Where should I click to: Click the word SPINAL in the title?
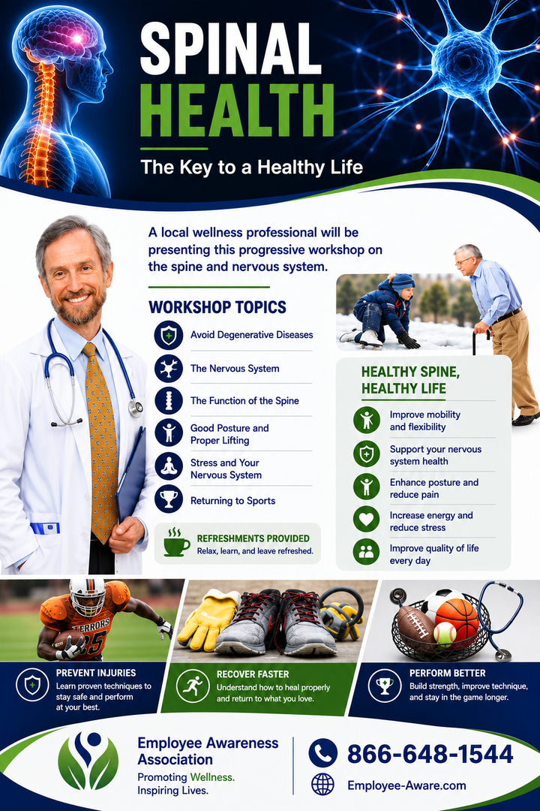[230, 50]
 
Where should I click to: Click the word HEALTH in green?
[237, 110]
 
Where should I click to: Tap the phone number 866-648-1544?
[430, 754]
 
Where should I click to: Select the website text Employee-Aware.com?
[406, 785]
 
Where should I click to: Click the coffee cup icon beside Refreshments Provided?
[175, 543]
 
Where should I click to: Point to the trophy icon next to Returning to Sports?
[169, 499]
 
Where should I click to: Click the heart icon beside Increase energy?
[366, 519]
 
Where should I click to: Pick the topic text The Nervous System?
[235, 368]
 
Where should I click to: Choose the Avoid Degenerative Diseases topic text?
[252, 335]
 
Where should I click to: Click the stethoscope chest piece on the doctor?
[136, 408]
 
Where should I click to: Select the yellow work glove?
[207, 621]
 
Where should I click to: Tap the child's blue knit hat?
[403, 282]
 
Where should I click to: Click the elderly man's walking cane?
[475, 343]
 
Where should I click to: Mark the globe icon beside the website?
[323, 785]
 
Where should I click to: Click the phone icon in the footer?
[323, 753]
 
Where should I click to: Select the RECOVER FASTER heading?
[253, 674]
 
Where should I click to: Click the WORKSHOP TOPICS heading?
[217, 307]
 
